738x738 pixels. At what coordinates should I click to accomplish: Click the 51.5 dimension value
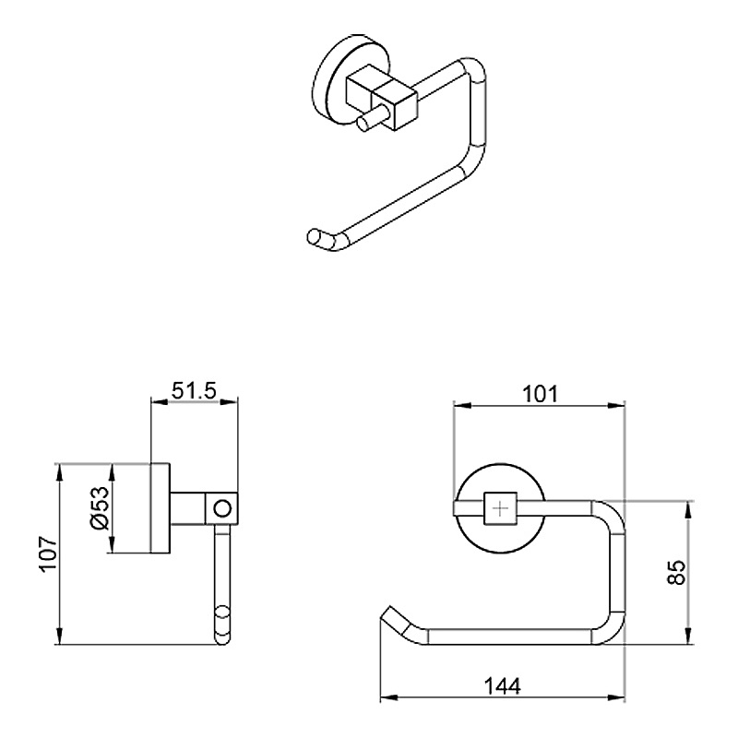tap(194, 390)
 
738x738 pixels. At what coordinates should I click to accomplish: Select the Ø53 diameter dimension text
tap(101, 508)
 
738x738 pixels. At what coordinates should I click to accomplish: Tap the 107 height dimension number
tap(49, 553)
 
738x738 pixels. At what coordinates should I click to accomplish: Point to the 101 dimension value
tap(540, 395)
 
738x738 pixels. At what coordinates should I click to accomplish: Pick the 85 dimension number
tap(677, 572)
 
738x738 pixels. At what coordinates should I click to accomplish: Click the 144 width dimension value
tap(502, 686)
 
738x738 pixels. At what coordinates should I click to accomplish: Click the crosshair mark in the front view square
tap(500, 509)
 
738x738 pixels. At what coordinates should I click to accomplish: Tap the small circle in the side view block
tap(222, 509)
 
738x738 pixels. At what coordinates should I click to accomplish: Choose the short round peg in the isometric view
tap(372, 120)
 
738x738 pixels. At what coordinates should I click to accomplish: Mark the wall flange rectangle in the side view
tap(161, 508)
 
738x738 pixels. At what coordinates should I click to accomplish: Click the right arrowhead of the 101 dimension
tap(616, 406)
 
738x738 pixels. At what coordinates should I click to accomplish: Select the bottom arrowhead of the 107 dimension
tap(59, 636)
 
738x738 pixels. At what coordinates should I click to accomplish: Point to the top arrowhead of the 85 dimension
tap(688, 510)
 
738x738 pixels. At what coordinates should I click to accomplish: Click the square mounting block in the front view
tap(500, 509)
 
